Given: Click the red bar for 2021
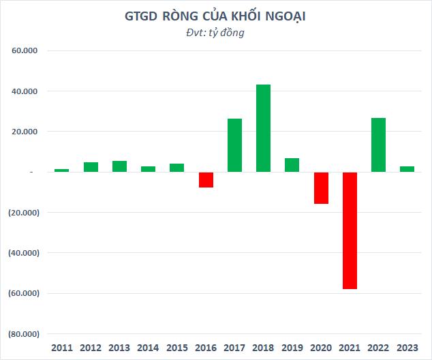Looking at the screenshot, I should pos(350,230).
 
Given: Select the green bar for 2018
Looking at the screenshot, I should pos(263,128).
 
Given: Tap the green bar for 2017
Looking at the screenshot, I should pos(234,145).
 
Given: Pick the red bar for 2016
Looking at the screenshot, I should pos(206,179).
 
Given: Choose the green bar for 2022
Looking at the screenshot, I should pos(378,145).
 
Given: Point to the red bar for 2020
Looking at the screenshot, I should pos(321,187).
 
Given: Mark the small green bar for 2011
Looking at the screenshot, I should pos(62,170).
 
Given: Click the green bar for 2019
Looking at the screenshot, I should pos(292,165).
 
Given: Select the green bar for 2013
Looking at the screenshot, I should pos(119,166).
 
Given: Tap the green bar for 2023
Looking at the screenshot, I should pos(407,169).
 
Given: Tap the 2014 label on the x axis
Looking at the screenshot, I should pos(148,348).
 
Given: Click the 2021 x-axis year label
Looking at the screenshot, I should pos(350,348).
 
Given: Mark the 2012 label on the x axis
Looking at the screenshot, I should pos(91,348).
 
